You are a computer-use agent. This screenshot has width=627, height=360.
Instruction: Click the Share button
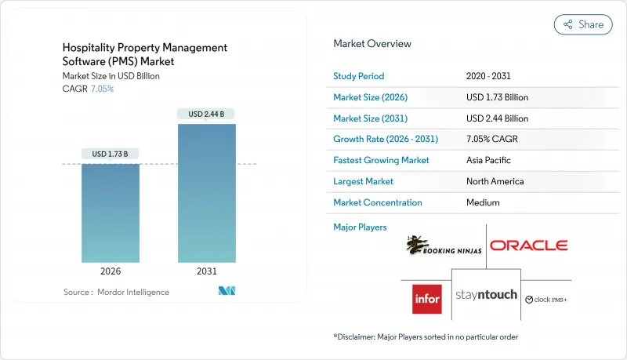point(583,24)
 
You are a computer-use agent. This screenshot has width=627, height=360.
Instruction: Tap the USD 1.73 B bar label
point(111,153)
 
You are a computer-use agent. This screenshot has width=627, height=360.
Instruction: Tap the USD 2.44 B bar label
point(206,114)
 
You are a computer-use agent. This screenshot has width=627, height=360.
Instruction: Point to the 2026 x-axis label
point(111,271)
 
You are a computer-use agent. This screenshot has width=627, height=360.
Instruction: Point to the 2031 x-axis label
point(206,271)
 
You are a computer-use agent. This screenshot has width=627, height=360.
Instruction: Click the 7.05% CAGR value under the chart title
point(103,89)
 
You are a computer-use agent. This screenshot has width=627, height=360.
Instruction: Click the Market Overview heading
point(372,44)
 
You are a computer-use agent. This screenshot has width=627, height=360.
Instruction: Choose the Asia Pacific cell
point(488,160)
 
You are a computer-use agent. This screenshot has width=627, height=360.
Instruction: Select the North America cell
point(496,181)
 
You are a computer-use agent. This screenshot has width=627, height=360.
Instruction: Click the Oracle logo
point(528,245)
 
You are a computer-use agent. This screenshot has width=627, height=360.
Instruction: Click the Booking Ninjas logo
point(443,246)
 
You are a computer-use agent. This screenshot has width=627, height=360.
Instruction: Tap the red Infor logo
point(427,298)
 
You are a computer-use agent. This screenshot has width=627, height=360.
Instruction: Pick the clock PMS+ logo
point(546,299)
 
